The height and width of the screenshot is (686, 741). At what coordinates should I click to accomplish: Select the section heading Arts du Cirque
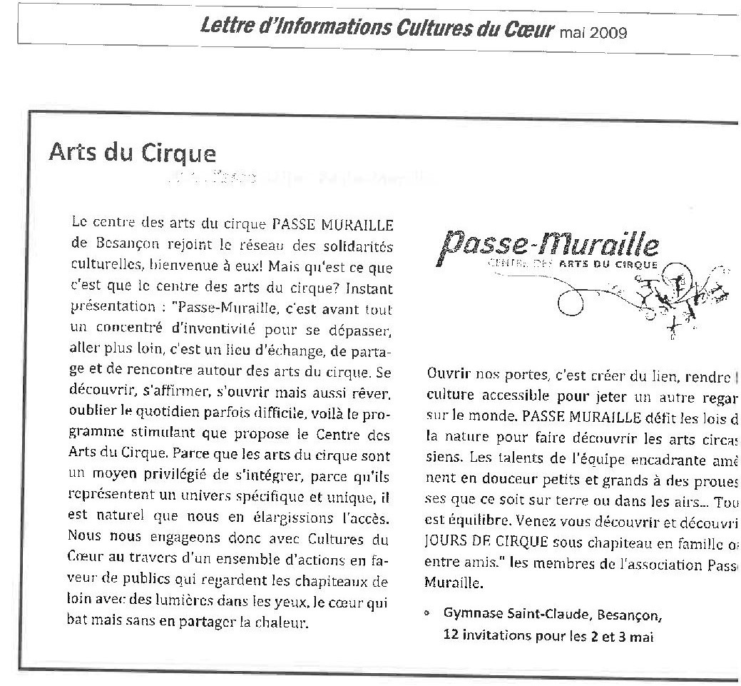pyautogui.click(x=132, y=153)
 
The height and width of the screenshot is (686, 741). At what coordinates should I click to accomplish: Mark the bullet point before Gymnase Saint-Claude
pyautogui.click(x=426, y=613)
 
